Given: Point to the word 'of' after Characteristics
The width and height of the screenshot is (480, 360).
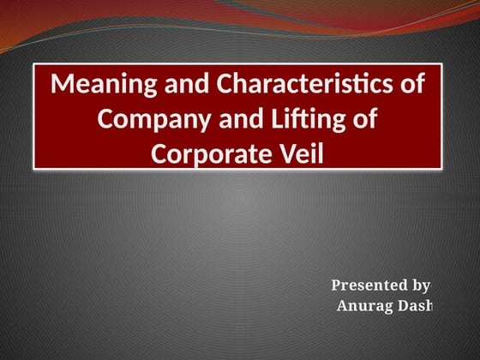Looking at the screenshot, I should (x=412, y=85).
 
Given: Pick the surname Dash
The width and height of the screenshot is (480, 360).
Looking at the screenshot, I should (x=416, y=306).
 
